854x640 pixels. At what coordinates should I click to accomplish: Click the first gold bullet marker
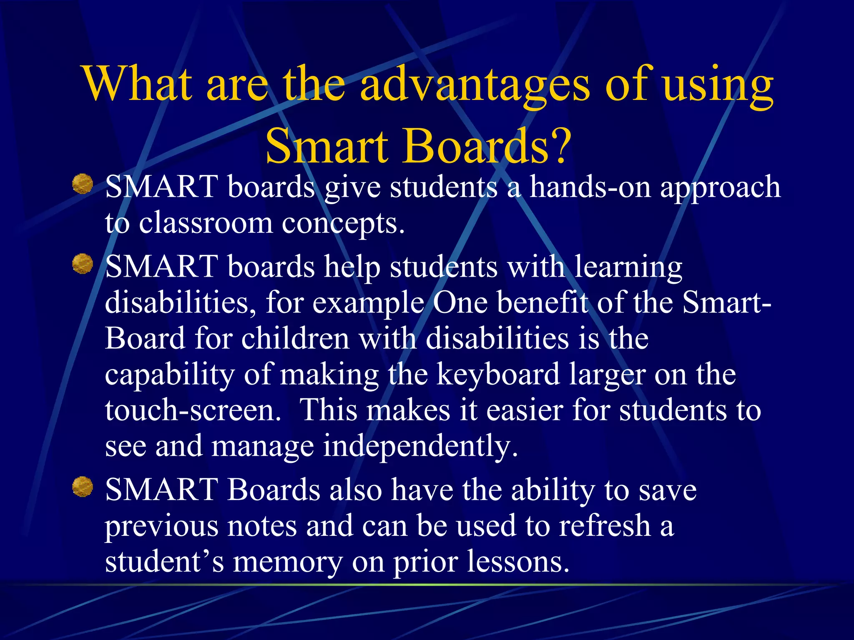(x=83, y=184)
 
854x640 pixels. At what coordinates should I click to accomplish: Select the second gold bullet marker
(x=83, y=264)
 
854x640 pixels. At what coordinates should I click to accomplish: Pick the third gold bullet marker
(x=83, y=487)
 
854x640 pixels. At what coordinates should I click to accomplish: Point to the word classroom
(x=205, y=223)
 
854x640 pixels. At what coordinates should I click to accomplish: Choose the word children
(x=295, y=338)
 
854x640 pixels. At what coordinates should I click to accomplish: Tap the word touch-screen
(x=193, y=411)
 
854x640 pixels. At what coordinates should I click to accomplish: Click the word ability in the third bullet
(x=553, y=491)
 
